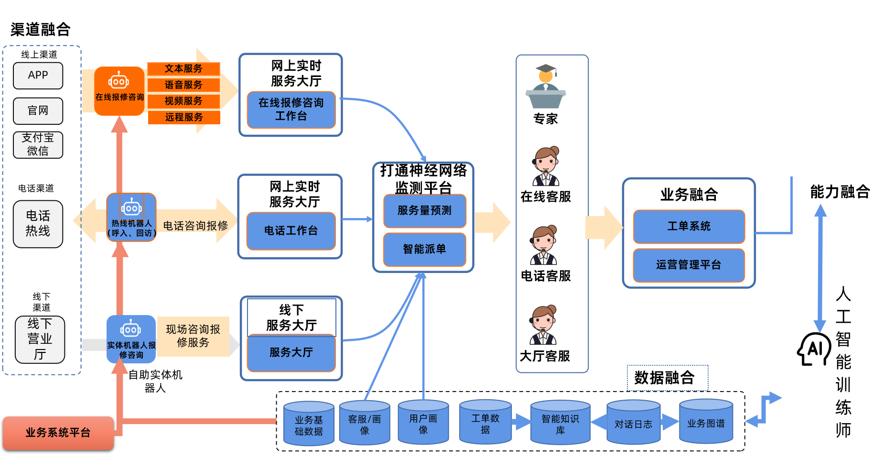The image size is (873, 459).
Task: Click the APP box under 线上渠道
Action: pos(38,76)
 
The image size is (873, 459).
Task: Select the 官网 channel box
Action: pos(38,111)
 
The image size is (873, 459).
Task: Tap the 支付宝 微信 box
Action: pos(38,145)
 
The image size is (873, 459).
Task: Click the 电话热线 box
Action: pos(38,224)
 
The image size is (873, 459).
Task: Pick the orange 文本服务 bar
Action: pos(183,69)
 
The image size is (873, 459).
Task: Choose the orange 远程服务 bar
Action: pos(184,117)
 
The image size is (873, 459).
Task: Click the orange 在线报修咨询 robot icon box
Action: pos(119,91)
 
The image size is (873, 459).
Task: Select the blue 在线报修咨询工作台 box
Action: pos(291,109)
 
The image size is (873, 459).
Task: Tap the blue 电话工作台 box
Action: pos(291,231)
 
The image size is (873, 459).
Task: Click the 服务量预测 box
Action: pos(424,210)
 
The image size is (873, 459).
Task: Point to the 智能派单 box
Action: pos(424,249)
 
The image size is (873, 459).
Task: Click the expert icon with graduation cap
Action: pos(546,87)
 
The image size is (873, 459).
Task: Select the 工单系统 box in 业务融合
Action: pos(689,226)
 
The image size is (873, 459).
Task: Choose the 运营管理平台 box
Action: pos(689,265)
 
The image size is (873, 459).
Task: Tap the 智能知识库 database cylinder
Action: pos(560,423)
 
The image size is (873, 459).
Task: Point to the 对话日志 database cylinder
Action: pos(633,423)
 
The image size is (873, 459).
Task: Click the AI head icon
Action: pos(814,349)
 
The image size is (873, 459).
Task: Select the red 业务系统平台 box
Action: pos(58,433)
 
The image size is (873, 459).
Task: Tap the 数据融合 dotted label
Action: pos(667,378)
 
